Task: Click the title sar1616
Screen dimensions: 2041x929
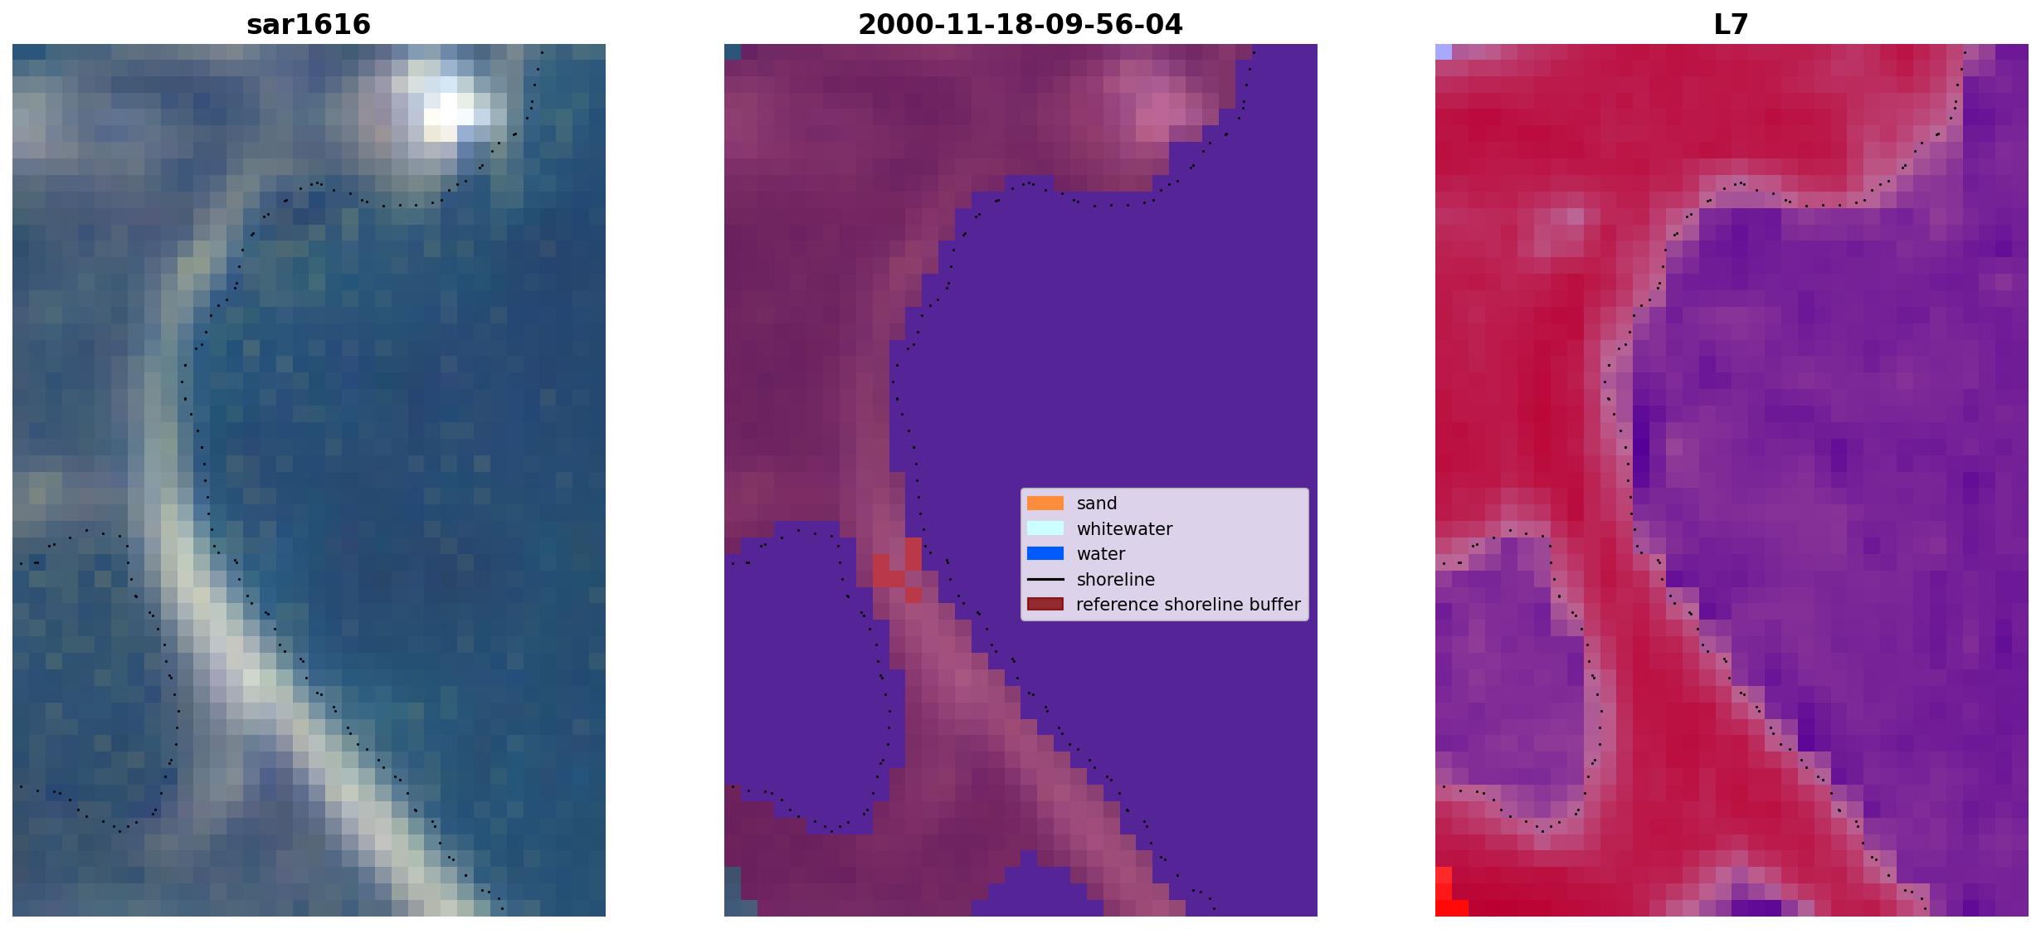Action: click(x=309, y=24)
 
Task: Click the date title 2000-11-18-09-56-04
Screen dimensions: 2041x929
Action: click(x=1020, y=24)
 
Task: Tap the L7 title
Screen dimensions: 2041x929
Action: click(x=1732, y=24)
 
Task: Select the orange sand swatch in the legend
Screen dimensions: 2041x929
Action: click(x=1045, y=503)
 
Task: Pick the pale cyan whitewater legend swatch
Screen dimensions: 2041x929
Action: click(x=1045, y=528)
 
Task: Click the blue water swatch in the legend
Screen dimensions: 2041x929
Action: click(x=1045, y=553)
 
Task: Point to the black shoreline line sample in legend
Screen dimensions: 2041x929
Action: click(x=1045, y=579)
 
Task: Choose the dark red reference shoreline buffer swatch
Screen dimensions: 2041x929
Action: click(x=1045, y=604)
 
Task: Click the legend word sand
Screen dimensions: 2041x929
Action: click(x=1097, y=503)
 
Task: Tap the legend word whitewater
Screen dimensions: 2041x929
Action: click(x=1124, y=529)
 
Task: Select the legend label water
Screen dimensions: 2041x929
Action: click(x=1101, y=554)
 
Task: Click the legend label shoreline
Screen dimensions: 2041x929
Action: click(x=1116, y=580)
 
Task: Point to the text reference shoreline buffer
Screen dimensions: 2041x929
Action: click(x=1188, y=605)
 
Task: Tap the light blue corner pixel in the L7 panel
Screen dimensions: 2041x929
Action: click(x=1444, y=51)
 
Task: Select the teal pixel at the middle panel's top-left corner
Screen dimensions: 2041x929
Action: click(x=733, y=51)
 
